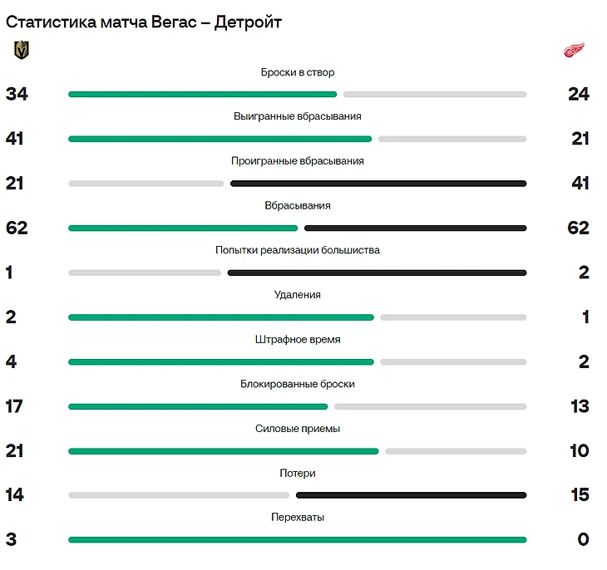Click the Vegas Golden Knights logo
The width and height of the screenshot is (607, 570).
pos(21,51)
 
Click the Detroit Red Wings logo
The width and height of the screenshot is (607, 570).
pos(575,50)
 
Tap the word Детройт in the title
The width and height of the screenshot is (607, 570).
pos(248,22)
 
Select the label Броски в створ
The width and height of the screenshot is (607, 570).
pos(298,72)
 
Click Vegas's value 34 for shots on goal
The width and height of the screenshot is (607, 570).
pos(17,94)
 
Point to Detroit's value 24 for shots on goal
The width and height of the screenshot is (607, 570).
pos(579,94)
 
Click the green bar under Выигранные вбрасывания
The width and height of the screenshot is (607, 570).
pos(220,139)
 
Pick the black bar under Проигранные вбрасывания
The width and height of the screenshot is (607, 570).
pos(378,183)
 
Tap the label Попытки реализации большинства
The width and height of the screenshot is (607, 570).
pos(298,250)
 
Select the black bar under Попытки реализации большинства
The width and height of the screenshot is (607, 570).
pos(377,272)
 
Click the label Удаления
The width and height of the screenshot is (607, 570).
pos(298,295)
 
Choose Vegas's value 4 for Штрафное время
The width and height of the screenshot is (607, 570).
pos(11,361)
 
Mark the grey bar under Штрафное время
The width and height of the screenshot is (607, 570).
pos(453,361)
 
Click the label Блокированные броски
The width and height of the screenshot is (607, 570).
pos(298,384)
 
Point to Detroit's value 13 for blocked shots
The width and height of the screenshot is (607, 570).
pos(580,406)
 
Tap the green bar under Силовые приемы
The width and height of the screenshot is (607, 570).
pos(223,451)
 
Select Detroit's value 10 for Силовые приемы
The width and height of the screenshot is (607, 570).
pos(580,450)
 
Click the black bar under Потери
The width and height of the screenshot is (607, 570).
pos(411,495)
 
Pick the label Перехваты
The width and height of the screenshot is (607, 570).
pos(298,518)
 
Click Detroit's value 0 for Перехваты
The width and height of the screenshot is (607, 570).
pos(583,539)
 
